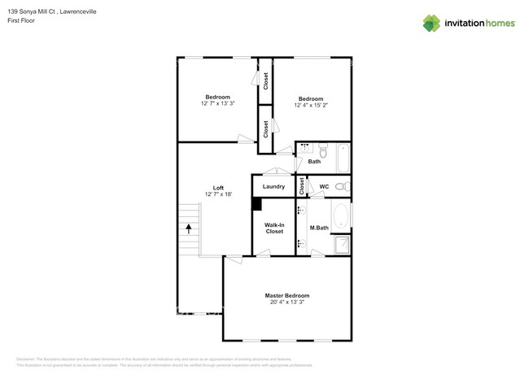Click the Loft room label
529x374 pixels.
(218, 187)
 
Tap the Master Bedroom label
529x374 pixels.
(286, 295)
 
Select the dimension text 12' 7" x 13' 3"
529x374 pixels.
(217, 104)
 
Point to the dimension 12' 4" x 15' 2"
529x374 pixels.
(312, 105)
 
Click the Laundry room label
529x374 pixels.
(273, 186)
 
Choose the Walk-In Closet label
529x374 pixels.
(275, 228)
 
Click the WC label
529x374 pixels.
(323, 186)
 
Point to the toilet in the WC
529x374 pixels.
(341, 186)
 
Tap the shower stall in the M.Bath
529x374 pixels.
(343, 245)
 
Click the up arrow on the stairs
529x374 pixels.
(190, 229)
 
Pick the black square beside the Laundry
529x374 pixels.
(256, 205)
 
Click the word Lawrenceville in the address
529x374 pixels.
(82, 10)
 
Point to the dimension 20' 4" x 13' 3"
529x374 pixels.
(286, 302)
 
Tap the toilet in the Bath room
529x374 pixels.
(322, 150)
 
